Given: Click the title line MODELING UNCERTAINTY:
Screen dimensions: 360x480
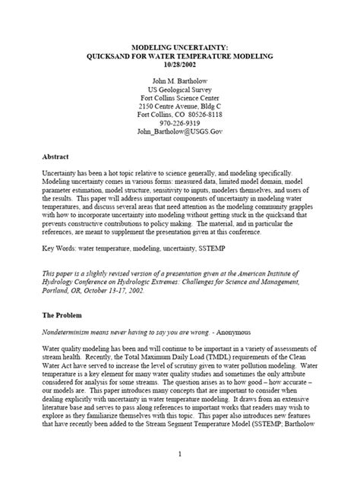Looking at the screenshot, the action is tap(179, 47).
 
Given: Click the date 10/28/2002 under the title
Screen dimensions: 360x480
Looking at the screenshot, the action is tap(179, 65).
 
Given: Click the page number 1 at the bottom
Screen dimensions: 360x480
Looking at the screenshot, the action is tap(180, 455).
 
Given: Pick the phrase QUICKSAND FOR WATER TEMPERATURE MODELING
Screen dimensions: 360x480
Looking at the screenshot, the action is tap(179, 56).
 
